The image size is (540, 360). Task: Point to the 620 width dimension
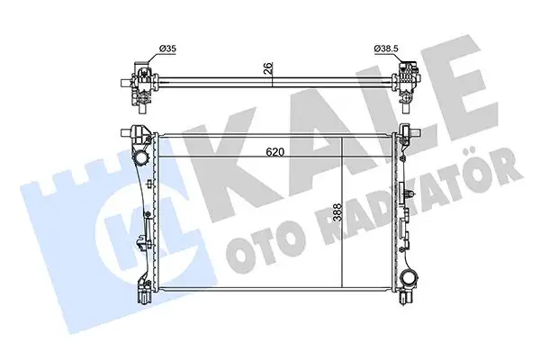tap(274, 152)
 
